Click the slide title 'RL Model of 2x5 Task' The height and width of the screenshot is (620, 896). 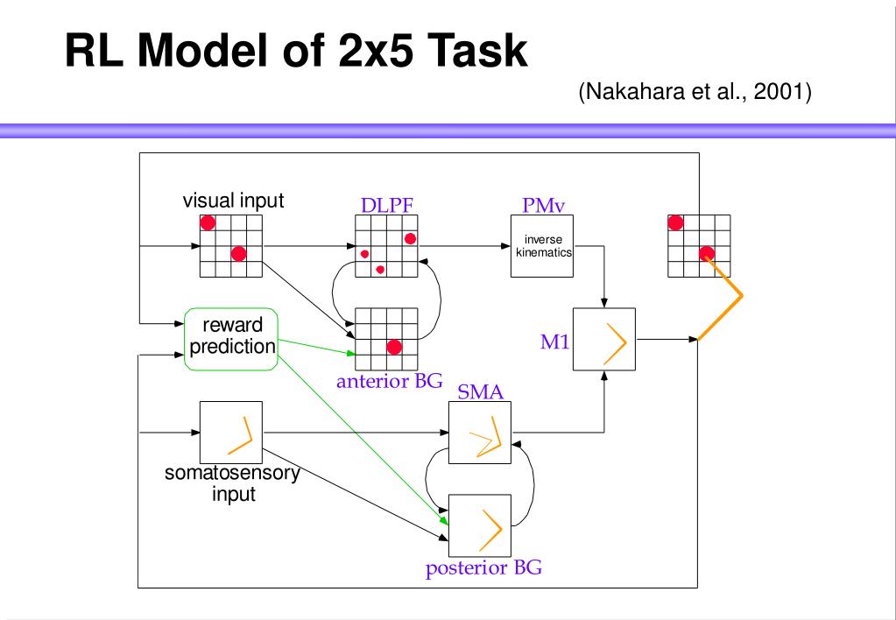pyautogui.click(x=296, y=50)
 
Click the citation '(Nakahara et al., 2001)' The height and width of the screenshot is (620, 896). pyautogui.click(x=695, y=91)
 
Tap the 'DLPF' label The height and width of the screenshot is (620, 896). pyautogui.click(x=386, y=205)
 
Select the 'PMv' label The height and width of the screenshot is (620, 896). pyautogui.click(x=543, y=205)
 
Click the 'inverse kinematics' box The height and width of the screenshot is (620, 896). pyautogui.click(x=541, y=246)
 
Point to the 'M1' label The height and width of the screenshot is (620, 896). pyautogui.click(x=554, y=342)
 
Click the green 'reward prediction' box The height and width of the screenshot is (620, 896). pyautogui.click(x=231, y=340)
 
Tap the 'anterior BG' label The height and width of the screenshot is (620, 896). pyautogui.click(x=389, y=381)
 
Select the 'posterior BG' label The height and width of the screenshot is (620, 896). pyautogui.click(x=483, y=568)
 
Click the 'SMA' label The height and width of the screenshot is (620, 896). pyautogui.click(x=480, y=392)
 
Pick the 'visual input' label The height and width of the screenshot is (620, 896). pyautogui.click(x=233, y=201)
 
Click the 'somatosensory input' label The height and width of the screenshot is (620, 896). pyautogui.click(x=232, y=483)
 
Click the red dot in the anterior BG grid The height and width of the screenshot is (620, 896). pyautogui.click(x=394, y=347)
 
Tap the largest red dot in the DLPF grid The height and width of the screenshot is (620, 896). pyautogui.click(x=410, y=238)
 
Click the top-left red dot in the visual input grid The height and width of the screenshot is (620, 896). pyautogui.click(x=208, y=222)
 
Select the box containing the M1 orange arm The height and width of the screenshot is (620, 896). pyautogui.click(x=604, y=340)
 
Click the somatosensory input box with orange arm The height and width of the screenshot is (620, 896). pyautogui.click(x=231, y=433)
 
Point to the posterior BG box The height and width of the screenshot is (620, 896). pyautogui.click(x=479, y=525)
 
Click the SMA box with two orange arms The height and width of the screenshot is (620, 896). pyautogui.click(x=479, y=433)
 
